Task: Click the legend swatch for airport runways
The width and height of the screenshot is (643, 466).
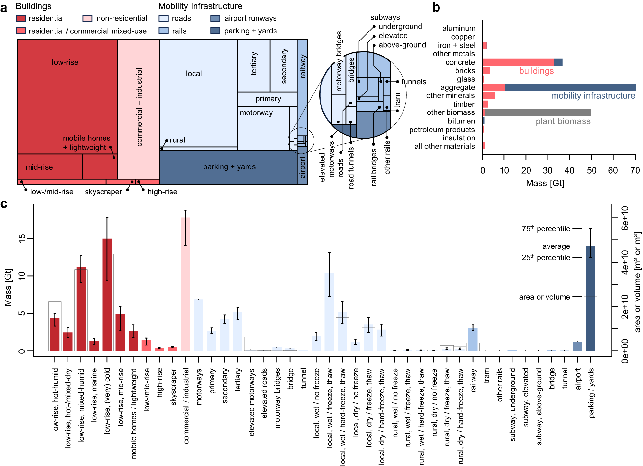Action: pos(215,18)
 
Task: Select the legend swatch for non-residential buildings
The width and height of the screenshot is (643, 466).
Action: pos(87,18)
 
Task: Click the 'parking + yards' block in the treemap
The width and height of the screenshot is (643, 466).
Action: pos(229,167)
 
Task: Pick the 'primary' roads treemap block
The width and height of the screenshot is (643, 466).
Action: pos(268,99)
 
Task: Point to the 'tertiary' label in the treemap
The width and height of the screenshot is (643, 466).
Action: pos(254,64)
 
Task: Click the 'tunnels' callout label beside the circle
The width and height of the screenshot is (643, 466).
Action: pos(414,82)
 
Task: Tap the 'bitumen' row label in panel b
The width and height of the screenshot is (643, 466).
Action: pos(461,121)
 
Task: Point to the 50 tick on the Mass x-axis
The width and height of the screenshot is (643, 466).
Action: pos(591,170)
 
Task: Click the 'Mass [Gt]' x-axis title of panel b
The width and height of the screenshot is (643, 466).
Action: pos(545,183)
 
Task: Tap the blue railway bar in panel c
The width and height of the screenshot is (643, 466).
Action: pos(473,339)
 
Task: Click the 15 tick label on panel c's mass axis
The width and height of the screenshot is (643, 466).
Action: pos(22,239)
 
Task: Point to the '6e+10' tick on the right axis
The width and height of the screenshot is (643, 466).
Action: pos(625,218)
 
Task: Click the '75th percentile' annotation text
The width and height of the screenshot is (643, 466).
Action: pos(546,229)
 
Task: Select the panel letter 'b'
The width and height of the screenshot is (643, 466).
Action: pos(436,7)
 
